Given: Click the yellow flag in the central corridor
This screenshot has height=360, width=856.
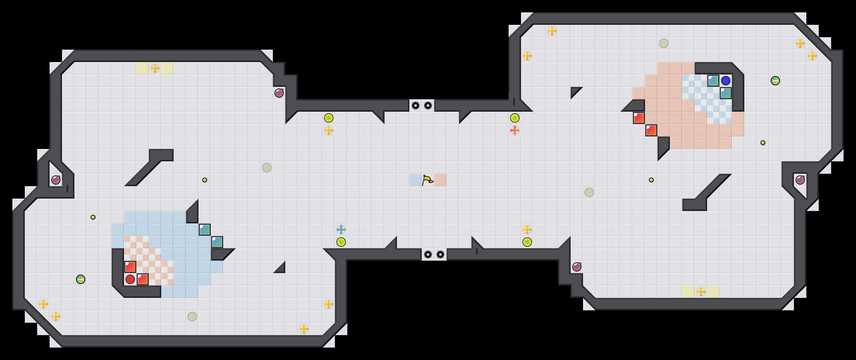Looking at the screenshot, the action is pos(427,180).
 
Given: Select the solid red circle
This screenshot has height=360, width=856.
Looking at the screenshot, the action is pos(130,279).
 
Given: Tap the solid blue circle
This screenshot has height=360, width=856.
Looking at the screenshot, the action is pos(726,80).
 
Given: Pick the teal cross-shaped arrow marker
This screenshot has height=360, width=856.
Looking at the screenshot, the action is pos(341,229).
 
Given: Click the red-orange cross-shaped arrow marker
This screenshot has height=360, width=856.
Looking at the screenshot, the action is pos(515,130).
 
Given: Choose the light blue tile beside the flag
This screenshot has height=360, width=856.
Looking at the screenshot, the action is pos(415,180).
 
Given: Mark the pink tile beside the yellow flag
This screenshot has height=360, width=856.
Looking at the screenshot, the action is pos(440,180).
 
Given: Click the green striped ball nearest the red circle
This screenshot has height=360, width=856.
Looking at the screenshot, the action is pos(80,279).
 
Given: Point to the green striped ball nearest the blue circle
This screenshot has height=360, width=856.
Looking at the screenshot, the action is pos(775,80).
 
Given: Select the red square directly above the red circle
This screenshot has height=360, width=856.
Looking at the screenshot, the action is pos(130,267).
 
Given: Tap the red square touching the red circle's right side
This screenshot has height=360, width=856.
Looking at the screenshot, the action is pos(143,279).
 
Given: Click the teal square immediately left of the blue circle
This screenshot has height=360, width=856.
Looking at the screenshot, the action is pos(713,80).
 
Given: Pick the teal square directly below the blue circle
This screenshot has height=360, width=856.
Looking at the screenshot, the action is pos(726,93).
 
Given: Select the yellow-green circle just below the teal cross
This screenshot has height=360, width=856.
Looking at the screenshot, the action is pos(341,242).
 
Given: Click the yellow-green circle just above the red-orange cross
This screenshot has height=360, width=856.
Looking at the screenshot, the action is pos(515,118).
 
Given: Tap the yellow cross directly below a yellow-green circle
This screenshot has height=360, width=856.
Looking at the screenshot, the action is pos(329,130).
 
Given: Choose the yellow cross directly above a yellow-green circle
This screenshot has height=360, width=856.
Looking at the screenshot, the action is pos(527,229).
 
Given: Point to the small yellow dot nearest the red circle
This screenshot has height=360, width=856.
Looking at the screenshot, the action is pos(93,217).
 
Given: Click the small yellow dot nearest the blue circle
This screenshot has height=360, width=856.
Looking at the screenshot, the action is pos(763,143).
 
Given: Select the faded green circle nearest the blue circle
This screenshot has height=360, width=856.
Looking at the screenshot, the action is pos(664,43).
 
